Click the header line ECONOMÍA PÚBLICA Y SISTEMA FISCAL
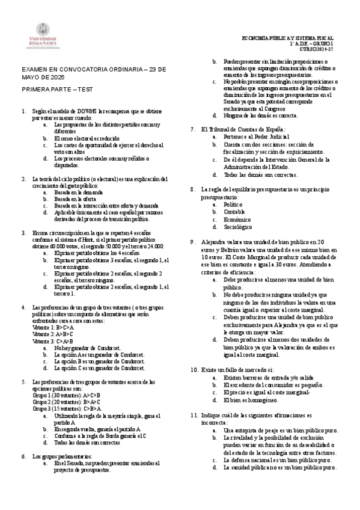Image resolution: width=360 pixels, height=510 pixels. point(287,37)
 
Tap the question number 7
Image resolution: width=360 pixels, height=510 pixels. point(192,129)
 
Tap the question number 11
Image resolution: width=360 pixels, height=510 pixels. point(194,416)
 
